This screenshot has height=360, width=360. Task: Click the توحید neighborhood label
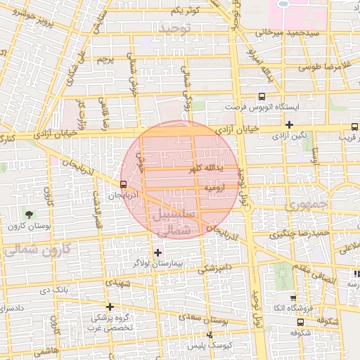[176, 27]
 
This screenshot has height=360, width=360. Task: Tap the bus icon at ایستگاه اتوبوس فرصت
[262, 96]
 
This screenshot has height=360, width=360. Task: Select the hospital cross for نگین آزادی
[289, 124]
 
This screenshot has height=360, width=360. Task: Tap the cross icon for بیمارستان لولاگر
[157, 252]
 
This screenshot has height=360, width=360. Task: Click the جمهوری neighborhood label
[304, 207]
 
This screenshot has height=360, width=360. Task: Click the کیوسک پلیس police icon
[209, 335]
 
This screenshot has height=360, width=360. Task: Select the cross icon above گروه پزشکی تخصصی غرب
[110, 307]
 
